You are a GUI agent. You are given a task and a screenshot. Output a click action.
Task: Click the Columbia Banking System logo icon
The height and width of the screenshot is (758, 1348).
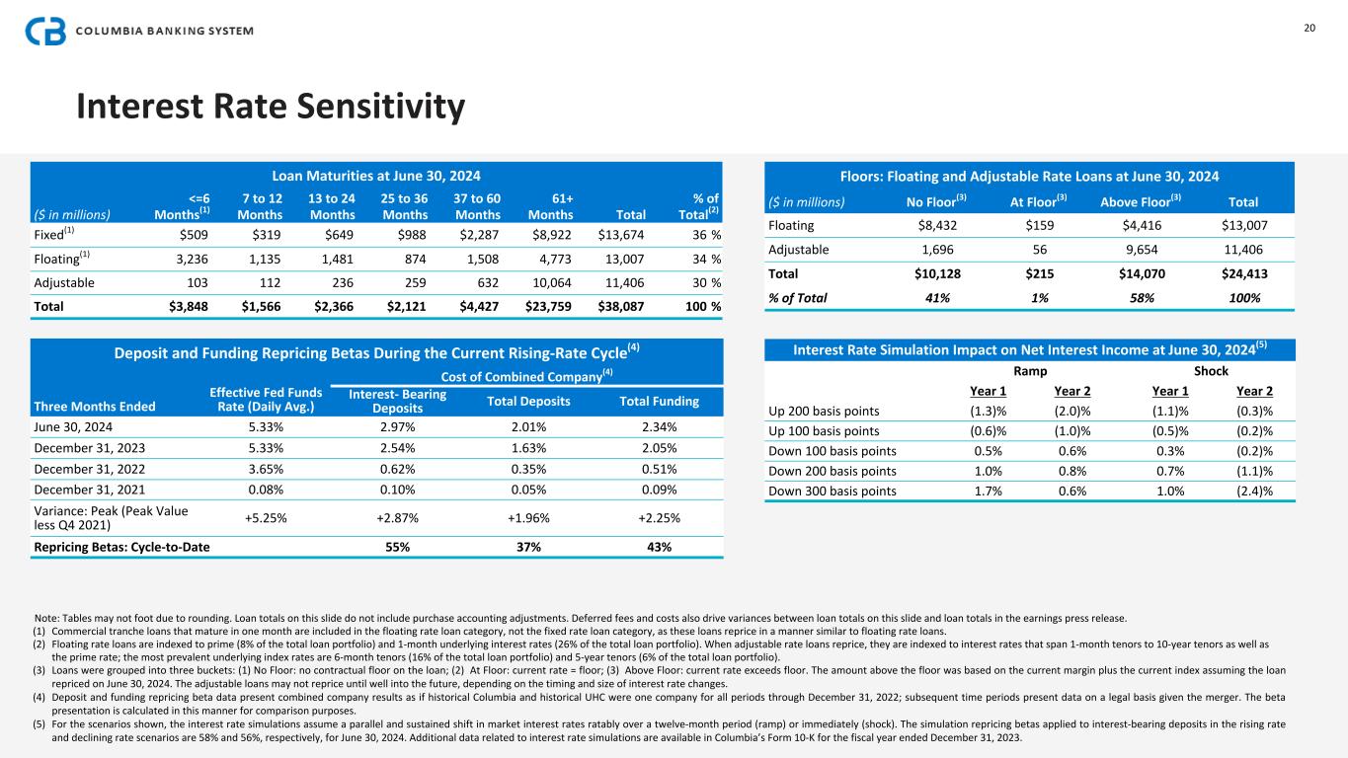point(45,31)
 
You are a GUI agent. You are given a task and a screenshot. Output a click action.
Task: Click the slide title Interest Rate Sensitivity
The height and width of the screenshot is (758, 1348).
point(271,107)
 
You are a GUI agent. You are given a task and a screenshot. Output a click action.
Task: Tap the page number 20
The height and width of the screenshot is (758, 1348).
point(1309,28)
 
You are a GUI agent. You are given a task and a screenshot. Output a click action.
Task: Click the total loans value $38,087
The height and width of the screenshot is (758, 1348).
point(621,306)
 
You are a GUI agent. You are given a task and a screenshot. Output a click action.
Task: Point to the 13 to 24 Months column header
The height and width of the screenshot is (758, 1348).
point(326,205)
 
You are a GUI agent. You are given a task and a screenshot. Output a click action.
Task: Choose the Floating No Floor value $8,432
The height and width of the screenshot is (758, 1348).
point(929,226)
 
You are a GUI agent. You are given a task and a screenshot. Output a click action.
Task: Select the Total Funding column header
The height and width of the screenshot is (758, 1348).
point(659,401)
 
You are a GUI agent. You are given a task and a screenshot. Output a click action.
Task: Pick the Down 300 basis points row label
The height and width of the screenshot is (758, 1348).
point(833,491)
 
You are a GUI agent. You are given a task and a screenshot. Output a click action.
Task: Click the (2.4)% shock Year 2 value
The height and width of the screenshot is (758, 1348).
point(1253,491)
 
